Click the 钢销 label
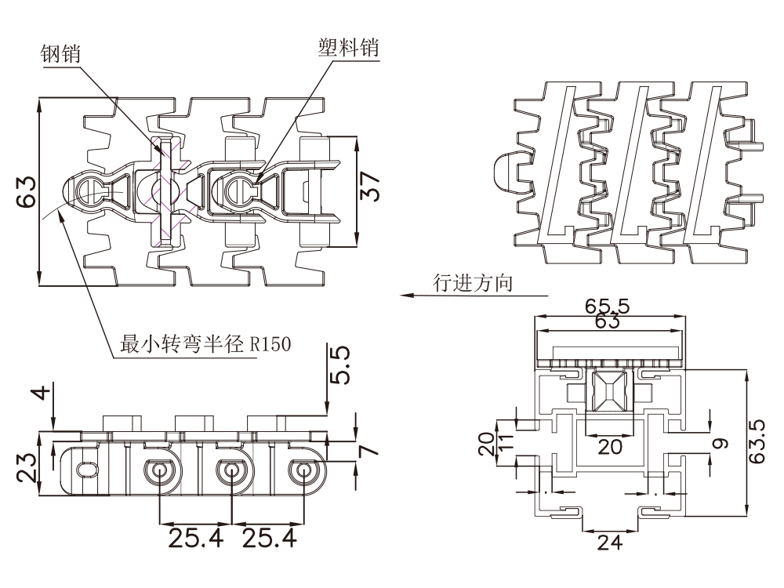click(x=64, y=53)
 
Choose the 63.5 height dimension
click(x=757, y=441)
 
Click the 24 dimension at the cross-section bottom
click(x=609, y=542)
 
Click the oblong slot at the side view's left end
click(x=86, y=469)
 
